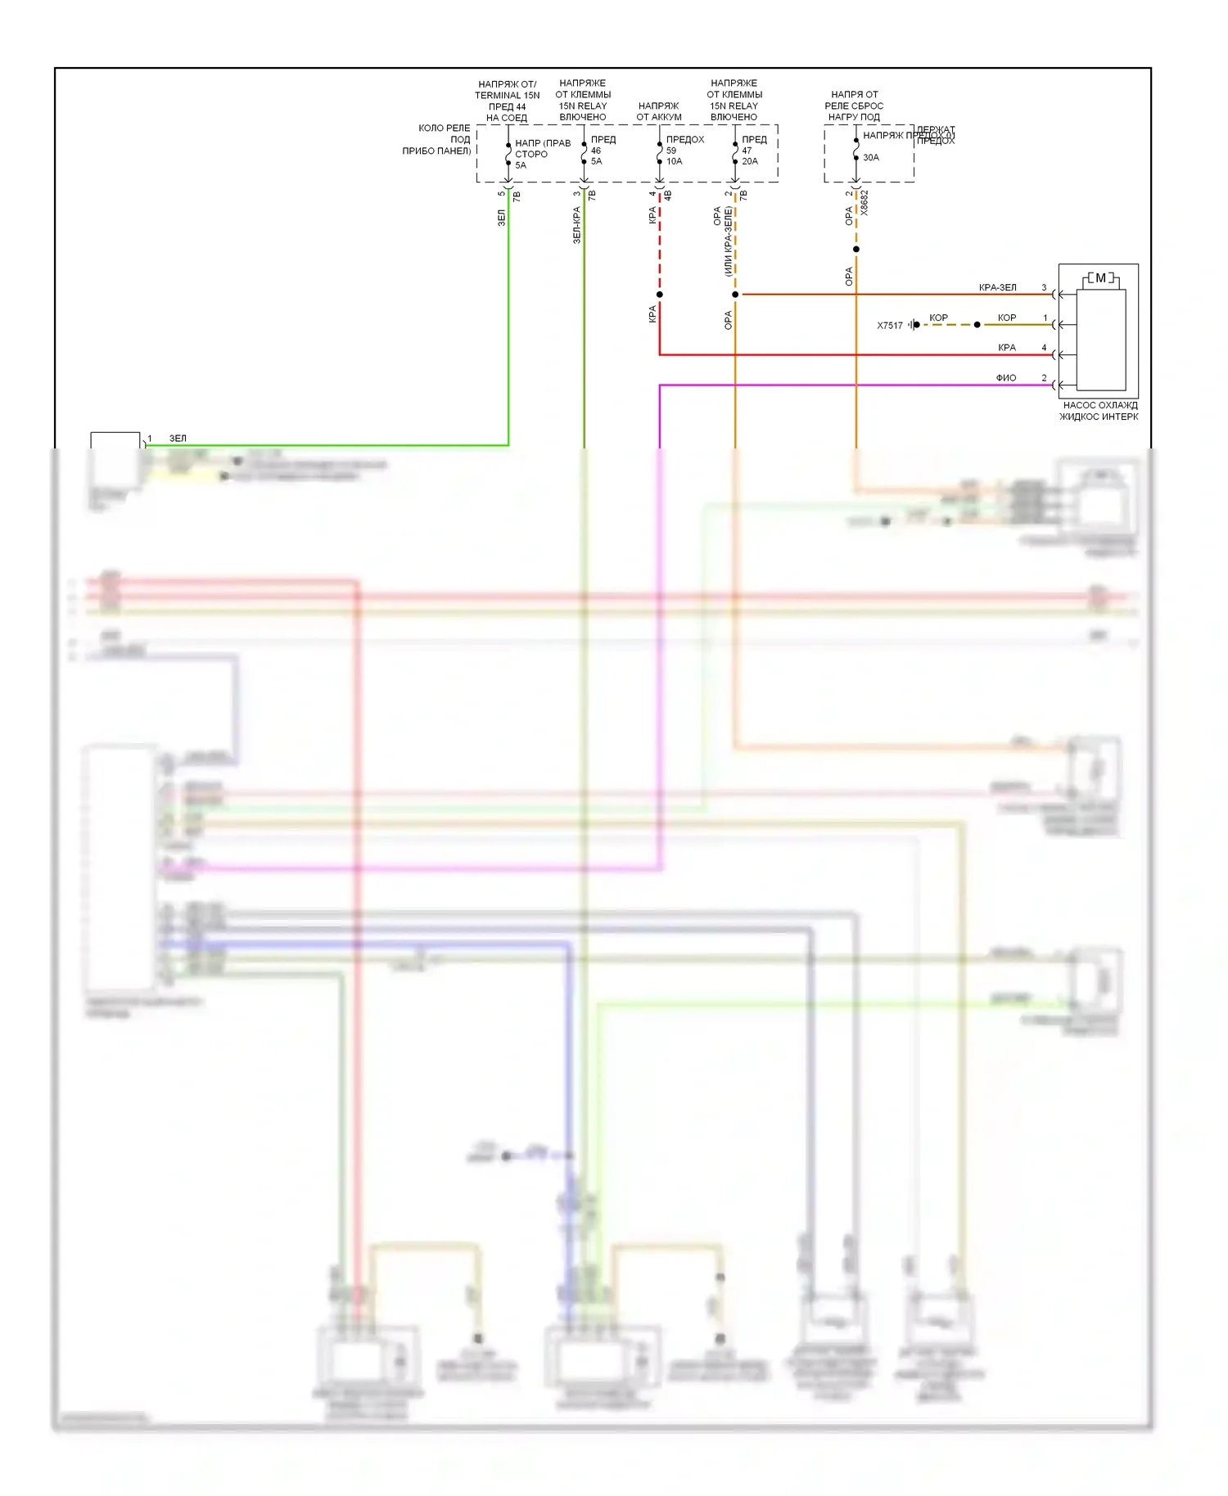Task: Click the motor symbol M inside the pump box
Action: point(1100,278)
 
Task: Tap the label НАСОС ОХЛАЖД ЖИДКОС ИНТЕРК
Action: point(1099,411)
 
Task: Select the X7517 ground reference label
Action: point(889,326)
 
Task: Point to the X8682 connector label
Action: point(865,203)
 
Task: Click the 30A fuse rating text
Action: point(870,157)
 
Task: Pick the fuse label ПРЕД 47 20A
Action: point(753,151)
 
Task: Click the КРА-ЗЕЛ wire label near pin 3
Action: point(997,288)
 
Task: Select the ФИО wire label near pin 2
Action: point(1005,378)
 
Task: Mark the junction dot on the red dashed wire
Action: point(660,295)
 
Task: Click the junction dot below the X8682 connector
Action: point(856,250)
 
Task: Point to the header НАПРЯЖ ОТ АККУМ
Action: point(659,111)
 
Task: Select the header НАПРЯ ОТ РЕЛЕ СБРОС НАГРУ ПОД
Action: point(854,106)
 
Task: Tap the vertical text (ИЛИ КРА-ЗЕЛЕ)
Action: point(728,241)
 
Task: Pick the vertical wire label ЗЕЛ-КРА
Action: point(576,225)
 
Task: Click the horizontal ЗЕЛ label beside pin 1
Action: point(178,439)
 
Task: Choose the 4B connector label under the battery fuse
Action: point(667,196)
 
